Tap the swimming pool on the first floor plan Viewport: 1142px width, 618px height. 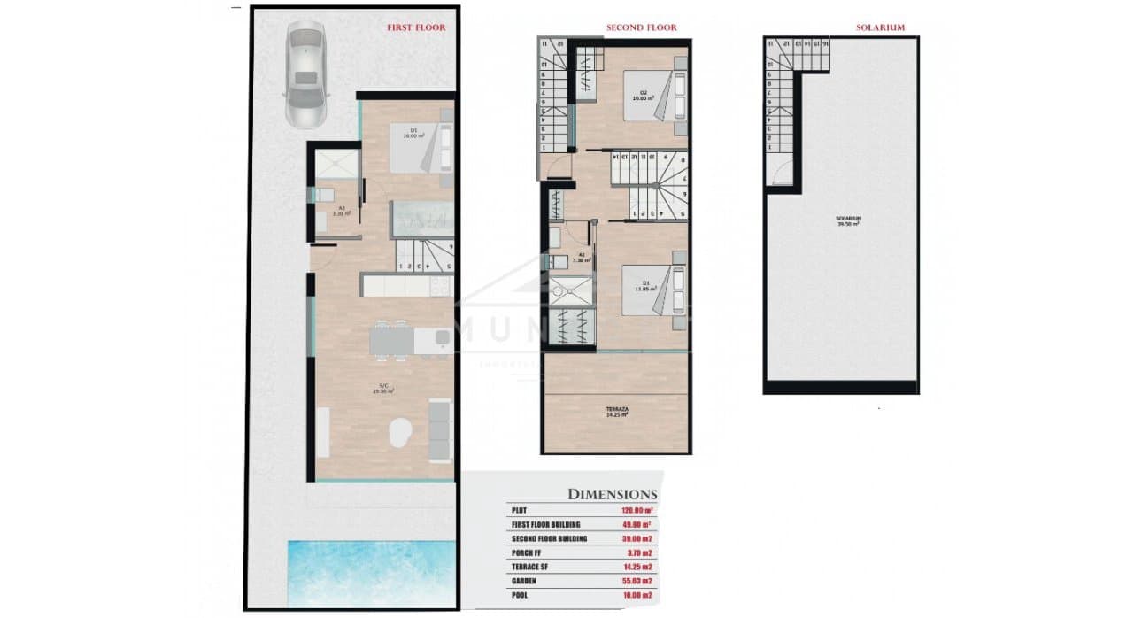372,572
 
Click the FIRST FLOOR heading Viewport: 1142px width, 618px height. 416,28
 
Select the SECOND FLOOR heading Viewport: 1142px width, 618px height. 641,28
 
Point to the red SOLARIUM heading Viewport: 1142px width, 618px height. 880,28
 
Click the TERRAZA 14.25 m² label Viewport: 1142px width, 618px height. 617,412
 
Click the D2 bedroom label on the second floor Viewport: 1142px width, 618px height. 644,95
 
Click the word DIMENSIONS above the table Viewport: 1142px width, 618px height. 612,494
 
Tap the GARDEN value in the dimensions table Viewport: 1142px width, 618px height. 637,582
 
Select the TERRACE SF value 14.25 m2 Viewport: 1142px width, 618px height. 637,568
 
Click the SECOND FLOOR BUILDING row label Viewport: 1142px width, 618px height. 549,538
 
